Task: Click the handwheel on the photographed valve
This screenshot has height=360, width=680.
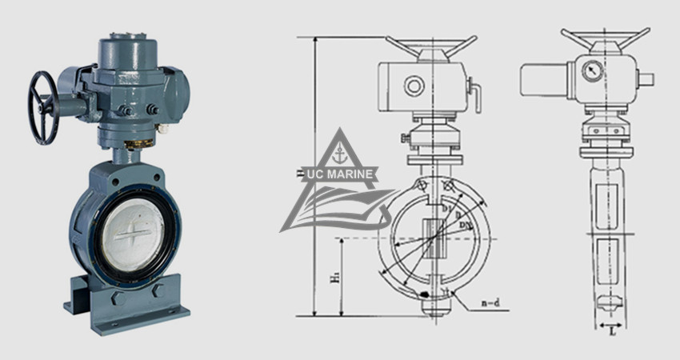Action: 43,107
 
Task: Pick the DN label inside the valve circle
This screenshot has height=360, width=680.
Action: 465,229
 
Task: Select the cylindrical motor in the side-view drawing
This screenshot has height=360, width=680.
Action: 543,80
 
